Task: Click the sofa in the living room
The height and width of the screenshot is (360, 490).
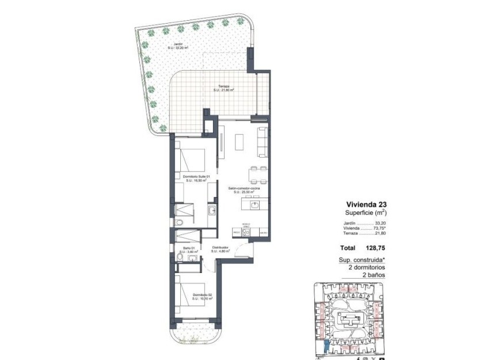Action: pyautogui.click(x=263, y=141)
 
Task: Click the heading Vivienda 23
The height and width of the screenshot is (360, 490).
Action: pyautogui.click(x=366, y=204)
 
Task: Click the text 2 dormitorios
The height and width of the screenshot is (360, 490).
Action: pyautogui.click(x=366, y=268)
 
